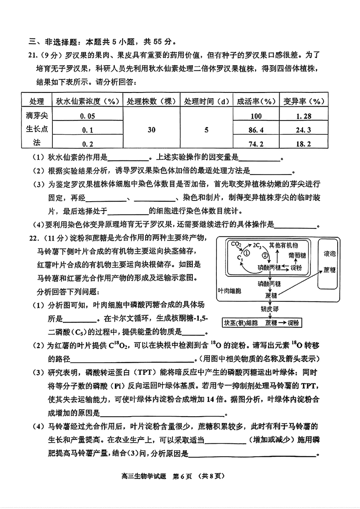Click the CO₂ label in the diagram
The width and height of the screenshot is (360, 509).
pos(236,244)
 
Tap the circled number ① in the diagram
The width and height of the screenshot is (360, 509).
pos(247,252)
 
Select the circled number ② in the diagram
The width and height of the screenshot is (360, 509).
pos(265,255)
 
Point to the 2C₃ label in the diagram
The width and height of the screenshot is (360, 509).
pos(257,246)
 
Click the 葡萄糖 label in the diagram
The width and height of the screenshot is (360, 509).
pos(297,256)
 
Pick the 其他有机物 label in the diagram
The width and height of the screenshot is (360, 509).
pos(283,245)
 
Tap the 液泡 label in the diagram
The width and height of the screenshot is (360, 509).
pos(330,254)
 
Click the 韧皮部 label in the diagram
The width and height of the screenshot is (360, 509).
pos(270,309)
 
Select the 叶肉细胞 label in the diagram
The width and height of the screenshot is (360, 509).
pos(230,291)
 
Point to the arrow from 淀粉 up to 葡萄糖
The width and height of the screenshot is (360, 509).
pos(296,262)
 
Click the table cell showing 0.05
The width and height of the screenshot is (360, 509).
pos(88,116)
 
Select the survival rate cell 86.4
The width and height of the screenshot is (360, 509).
pos(256,130)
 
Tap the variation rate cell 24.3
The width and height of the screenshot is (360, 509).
pos(303,130)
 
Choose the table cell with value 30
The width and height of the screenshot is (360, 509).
pos(152,130)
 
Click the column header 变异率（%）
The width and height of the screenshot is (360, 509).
pos(304,101)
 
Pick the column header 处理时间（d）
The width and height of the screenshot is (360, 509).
pos(206,101)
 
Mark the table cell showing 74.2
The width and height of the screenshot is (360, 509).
pos(256,144)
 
